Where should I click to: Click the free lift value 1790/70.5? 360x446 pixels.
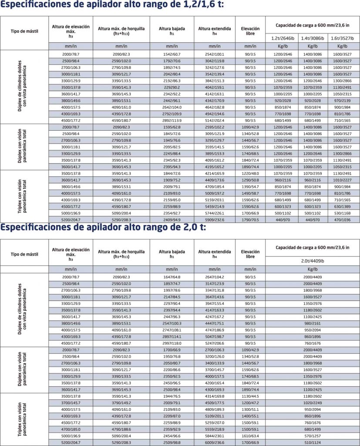coord(249,220)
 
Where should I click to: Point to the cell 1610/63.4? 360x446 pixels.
coord(249,436)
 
